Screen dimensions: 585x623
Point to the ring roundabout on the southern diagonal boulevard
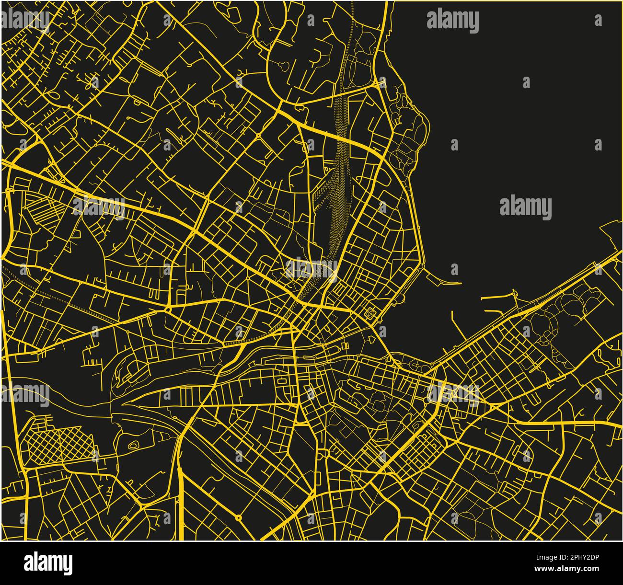click(x=238, y=517)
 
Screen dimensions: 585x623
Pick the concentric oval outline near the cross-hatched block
click(x=134, y=445)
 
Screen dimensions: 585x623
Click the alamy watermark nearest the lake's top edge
click(x=452, y=21)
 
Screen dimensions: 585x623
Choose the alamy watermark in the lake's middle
click(x=525, y=207)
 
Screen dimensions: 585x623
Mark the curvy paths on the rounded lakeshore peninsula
click(x=407, y=129)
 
